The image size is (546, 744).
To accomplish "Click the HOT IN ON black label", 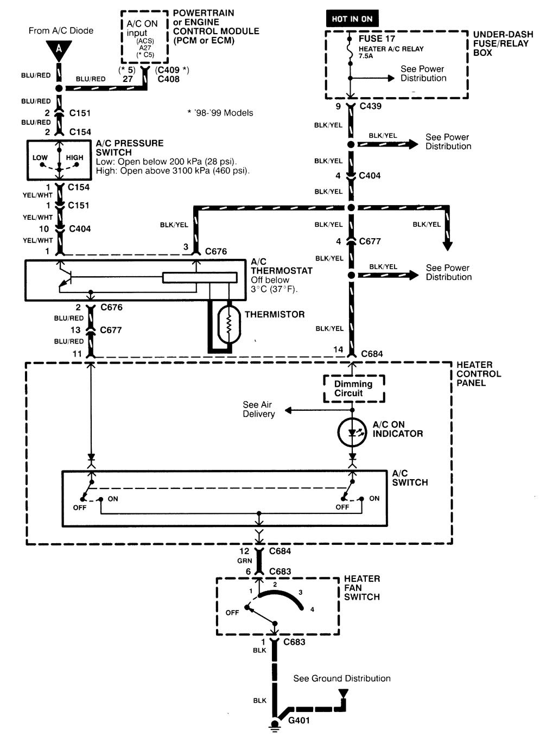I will pyautogui.click(x=352, y=19).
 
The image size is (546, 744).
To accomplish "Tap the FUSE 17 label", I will pyautogui.click(x=377, y=39).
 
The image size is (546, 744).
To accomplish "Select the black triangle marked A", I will pyautogui.click(x=59, y=50).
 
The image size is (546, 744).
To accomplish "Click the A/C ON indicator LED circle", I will pyautogui.click(x=353, y=433).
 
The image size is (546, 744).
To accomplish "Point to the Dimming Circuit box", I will pyautogui.click(x=353, y=389).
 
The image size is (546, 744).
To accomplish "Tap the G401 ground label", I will pyautogui.click(x=299, y=721).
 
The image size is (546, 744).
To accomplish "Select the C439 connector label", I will pyautogui.click(x=371, y=106).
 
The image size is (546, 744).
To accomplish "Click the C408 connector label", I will pyautogui.click(x=168, y=79).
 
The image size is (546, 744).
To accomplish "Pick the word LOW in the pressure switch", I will pyautogui.click(x=40, y=158).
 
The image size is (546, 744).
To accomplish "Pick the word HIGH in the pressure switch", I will pyautogui.click(x=75, y=158).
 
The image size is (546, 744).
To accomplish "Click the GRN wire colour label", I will pyautogui.click(x=244, y=561).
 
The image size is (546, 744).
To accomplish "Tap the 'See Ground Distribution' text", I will pyautogui.click(x=342, y=678).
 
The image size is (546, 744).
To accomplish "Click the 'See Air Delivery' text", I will pyautogui.click(x=258, y=409).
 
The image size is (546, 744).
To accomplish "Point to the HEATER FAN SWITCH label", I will pyautogui.click(x=362, y=588).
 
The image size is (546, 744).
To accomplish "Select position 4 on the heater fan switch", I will pyautogui.click(x=312, y=609).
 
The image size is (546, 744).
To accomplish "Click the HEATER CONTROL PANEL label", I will pyautogui.click(x=478, y=374).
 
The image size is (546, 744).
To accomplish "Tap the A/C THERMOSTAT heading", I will pyautogui.click(x=281, y=266).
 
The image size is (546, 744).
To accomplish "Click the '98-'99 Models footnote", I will pyautogui.click(x=220, y=113).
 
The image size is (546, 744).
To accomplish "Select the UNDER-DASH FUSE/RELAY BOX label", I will pyautogui.click(x=503, y=43).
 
